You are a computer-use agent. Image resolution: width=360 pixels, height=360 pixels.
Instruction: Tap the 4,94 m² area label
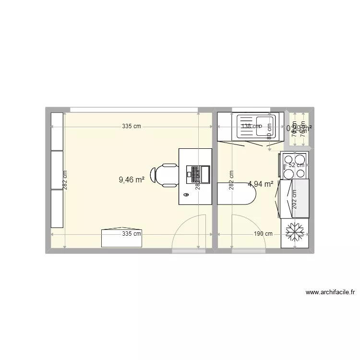pyautogui.click(x=261, y=183)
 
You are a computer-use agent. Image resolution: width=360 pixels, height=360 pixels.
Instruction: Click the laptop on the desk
pyautogui.click(x=198, y=174)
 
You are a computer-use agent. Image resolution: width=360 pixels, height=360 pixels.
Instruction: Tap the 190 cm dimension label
pyautogui.click(x=263, y=234)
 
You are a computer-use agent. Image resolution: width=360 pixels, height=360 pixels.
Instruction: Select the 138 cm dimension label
pyautogui.click(x=251, y=127)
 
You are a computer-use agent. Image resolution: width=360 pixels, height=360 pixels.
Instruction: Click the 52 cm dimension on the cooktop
pyautogui.click(x=296, y=165)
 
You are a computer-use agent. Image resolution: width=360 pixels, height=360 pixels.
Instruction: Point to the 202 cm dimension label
pyautogui.click(x=294, y=199)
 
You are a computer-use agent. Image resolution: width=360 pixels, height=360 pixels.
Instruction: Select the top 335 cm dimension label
pyautogui.click(x=132, y=127)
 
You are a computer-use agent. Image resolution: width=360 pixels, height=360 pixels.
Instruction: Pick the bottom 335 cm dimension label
pyautogui.click(x=132, y=234)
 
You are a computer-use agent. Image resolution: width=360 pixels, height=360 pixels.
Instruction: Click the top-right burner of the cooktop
pyautogui.click(x=301, y=158)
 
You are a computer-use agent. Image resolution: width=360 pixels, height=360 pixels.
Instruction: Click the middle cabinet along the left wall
pyautogui.click(x=58, y=170)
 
